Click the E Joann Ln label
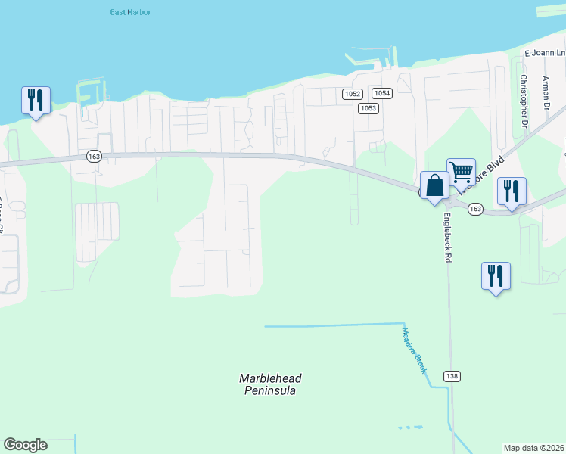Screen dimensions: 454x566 coord(545,53)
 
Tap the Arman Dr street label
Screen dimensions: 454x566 coord(545,92)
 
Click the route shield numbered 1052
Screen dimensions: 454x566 coord(352,94)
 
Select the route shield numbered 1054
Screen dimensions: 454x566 coord(382,93)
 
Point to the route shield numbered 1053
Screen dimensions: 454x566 coord(368,108)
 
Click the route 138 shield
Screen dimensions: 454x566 coord(452,376)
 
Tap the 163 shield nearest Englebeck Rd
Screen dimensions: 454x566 coord(475,209)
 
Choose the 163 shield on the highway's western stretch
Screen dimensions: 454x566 coord(94,156)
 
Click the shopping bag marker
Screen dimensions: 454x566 coord(434,185)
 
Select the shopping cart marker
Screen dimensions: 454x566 coord(461,173)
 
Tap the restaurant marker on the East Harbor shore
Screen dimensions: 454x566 coord(36,100)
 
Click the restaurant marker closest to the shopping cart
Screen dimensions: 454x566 coord(512,191)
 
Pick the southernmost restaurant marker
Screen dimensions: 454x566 coord(496,276)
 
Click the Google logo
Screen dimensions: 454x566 coord(25,445)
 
